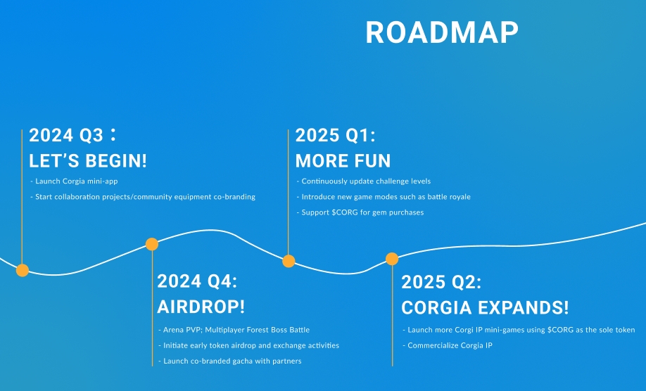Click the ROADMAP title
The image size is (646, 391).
pyautogui.click(x=442, y=32)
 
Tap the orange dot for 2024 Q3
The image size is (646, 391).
pyautogui.click(x=23, y=271)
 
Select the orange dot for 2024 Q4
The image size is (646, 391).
pyautogui.click(x=152, y=244)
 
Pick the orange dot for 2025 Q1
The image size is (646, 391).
pyautogui.click(x=289, y=261)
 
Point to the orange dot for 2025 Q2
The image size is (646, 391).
pyautogui.click(x=392, y=259)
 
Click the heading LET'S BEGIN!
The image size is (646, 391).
pyautogui.click(x=88, y=161)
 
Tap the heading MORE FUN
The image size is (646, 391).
pyautogui.click(x=343, y=161)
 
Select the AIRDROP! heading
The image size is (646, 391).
pyautogui.click(x=201, y=307)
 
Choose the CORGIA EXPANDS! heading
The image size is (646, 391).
pyautogui.click(x=485, y=308)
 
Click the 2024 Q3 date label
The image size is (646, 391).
pyautogui.click(x=72, y=135)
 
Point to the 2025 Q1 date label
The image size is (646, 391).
pyautogui.click(x=336, y=135)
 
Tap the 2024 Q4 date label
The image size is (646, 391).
pyautogui.click(x=197, y=281)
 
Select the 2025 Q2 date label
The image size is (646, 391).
pyautogui.click(x=441, y=282)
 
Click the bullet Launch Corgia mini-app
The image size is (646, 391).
pyautogui.click(x=74, y=181)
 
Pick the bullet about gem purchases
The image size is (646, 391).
pyautogui.click(x=360, y=212)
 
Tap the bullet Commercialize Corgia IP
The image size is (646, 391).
pyautogui.click(x=448, y=345)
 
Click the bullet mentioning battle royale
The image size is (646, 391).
pyautogui.click(x=384, y=197)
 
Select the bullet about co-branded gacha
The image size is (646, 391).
pyautogui.click(x=230, y=361)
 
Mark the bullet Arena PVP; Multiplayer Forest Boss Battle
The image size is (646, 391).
pyautogui.click(x=234, y=330)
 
